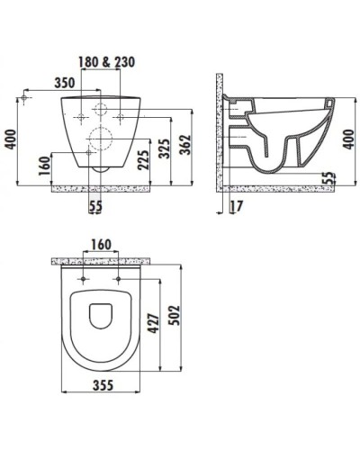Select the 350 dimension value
point(63,82)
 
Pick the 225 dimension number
point(143,160)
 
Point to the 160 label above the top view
point(100,244)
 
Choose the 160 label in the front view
point(43,166)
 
